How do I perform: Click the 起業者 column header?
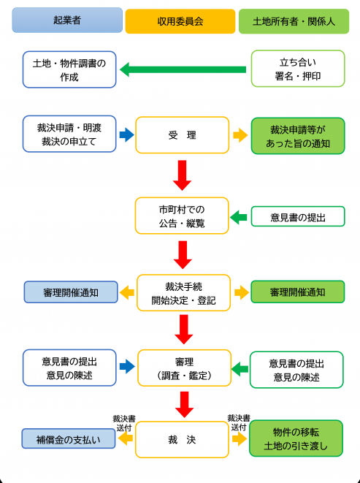(x=67, y=20)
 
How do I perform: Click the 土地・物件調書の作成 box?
(x=69, y=69)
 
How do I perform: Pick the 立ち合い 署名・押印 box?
(x=297, y=69)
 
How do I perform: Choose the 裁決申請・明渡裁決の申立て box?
(x=69, y=134)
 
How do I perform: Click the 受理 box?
(x=183, y=134)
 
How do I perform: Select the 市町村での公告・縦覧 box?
(x=183, y=216)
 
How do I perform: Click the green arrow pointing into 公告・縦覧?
(x=239, y=216)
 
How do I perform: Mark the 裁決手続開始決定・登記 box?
(x=183, y=293)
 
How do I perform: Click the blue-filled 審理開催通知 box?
(x=70, y=293)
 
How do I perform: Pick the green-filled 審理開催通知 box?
(x=296, y=293)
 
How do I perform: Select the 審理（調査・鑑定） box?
(x=183, y=369)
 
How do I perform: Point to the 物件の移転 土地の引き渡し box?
(x=296, y=439)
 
